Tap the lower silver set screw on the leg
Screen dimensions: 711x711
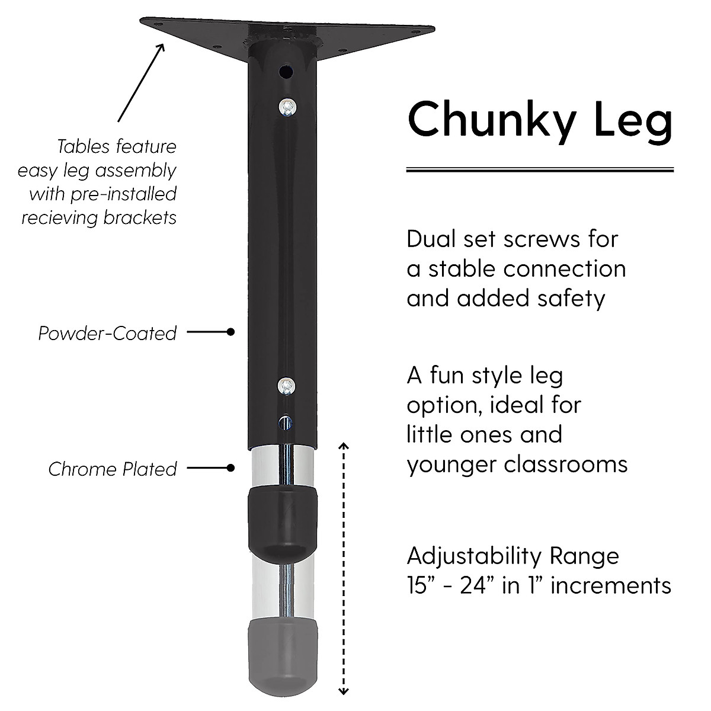tap(286, 386)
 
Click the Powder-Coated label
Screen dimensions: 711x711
tap(107, 333)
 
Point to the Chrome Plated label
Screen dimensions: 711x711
tap(113, 469)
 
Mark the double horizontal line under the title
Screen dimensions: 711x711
tap(540, 170)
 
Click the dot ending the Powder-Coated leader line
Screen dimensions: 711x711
tap(231, 332)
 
